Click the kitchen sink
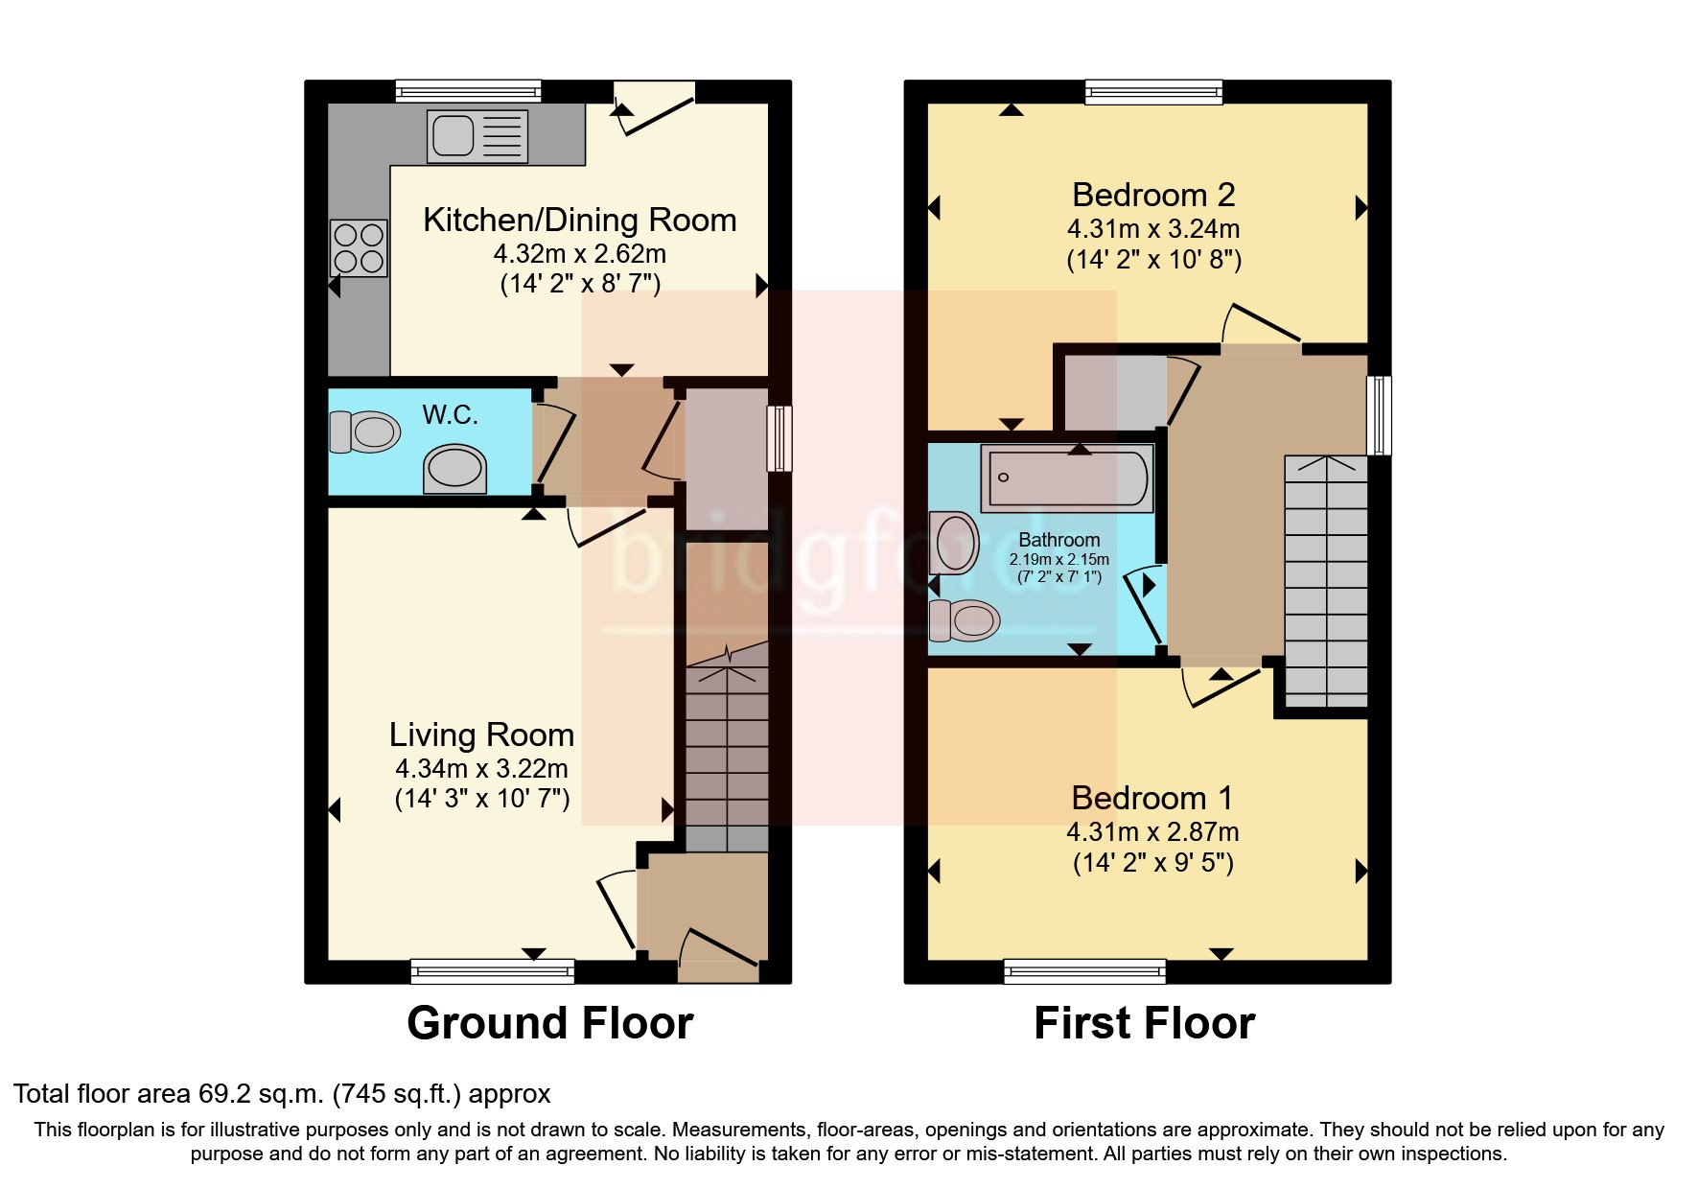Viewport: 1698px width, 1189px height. pyautogui.click(x=477, y=134)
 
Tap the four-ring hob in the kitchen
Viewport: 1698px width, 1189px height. pyautogui.click(x=359, y=247)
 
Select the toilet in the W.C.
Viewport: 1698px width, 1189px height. pyautogui.click(x=364, y=431)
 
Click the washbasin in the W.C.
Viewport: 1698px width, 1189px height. pyautogui.click(x=454, y=469)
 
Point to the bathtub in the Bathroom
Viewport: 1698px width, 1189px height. pyautogui.click(x=1066, y=478)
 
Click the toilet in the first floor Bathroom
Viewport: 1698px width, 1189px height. pyautogui.click(x=965, y=620)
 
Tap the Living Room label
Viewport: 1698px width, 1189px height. pyautogui.click(x=481, y=734)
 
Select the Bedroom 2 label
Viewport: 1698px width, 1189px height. pyautogui.click(x=1152, y=195)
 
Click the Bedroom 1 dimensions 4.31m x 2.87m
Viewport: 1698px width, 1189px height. pyautogui.click(x=1152, y=831)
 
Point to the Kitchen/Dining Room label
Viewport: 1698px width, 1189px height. pyautogui.click(x=579, y=220)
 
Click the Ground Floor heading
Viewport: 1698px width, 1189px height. pyautogui.click(x=549, y=1023)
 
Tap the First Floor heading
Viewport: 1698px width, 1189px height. pyautogui.click(x=1144, y=1023)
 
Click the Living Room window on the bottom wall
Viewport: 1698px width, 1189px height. pyautogui.click(x=492, y=971)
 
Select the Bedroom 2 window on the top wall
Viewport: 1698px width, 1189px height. pyautogui.click(x=1153, y=92)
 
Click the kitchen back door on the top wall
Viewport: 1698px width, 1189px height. pyautogui.click(x=655, y=107)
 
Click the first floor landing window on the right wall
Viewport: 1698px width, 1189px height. pyautogui.click(x=1379, y=414)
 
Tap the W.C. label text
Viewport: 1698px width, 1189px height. pyautogui.click(x=450, y=415)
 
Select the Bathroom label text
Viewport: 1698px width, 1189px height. pyautogui.click(x=1058, y=540)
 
